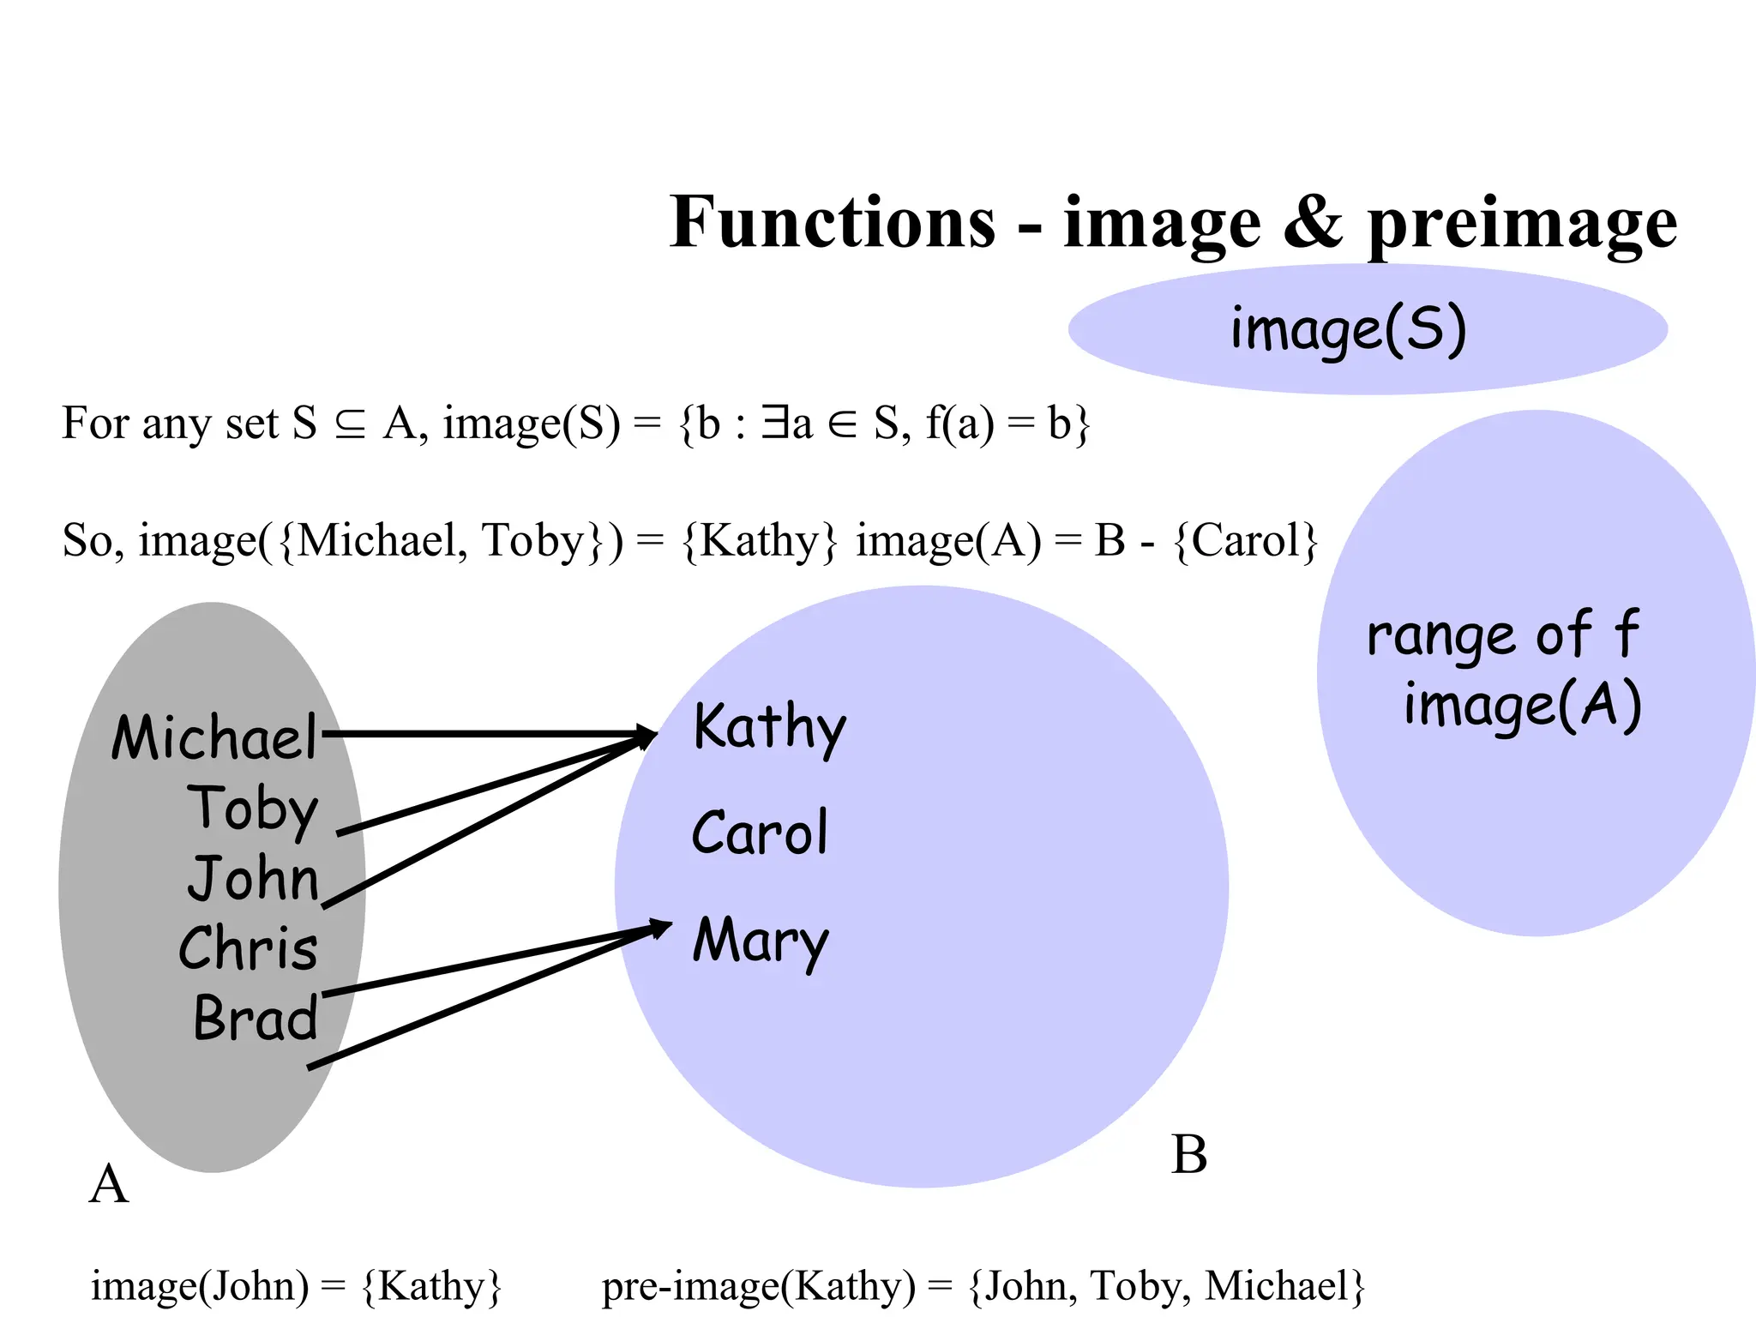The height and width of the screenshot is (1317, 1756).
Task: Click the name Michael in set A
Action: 214,738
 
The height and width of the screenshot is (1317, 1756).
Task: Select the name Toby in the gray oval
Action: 253,809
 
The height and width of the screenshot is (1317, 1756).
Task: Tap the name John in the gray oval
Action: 253,878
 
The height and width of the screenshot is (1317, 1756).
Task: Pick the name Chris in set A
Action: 248,948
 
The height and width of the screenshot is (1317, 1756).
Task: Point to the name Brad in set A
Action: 256,1019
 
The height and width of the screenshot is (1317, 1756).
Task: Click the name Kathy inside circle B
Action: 769,728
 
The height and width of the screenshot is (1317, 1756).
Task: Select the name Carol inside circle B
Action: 760,833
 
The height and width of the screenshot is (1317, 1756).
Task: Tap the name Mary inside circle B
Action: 761,941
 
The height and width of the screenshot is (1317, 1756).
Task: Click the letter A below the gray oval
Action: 109,1185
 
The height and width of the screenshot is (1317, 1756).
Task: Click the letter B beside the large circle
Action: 1189,1155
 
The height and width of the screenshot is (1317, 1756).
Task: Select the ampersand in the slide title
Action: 1313,222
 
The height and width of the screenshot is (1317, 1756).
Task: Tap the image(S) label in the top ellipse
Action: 1349,330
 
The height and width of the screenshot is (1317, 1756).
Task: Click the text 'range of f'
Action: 1502,635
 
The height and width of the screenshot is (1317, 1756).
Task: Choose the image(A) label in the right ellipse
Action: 1523,706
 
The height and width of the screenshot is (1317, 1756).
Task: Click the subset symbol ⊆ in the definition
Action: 350,424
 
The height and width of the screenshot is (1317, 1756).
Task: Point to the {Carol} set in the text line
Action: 1245,541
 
